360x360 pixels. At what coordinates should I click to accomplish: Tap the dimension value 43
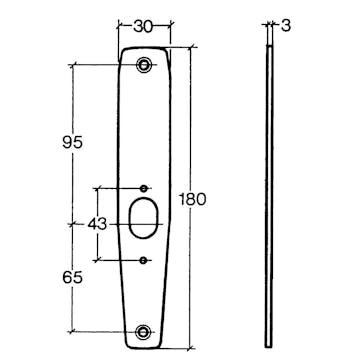(97, 224)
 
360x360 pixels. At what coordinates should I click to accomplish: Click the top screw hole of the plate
(146, 66)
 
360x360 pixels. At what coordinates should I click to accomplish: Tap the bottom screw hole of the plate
(146, 332)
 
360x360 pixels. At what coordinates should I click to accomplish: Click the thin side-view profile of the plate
(270, 190)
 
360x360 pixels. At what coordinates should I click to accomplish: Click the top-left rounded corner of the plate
(123, 52)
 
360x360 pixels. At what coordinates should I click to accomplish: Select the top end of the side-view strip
(270, 47)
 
